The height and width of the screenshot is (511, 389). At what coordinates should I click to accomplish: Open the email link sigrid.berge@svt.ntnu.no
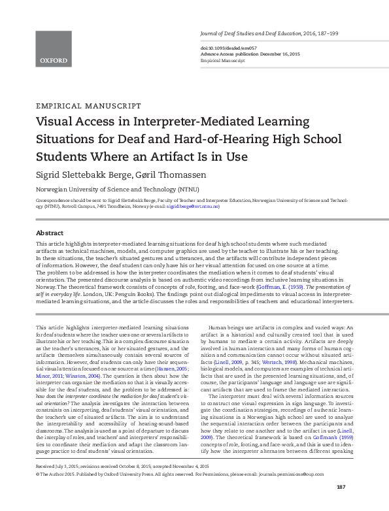(193, 206)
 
